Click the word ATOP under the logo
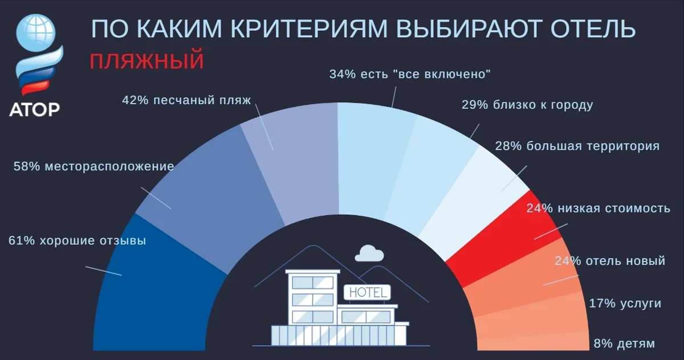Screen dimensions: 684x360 click(35, 109)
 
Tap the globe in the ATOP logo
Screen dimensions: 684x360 click(36, 32)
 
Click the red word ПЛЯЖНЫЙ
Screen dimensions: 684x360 click(146, 61)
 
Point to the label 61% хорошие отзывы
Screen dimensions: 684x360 click(78, 241)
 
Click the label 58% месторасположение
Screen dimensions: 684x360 click(93, 167)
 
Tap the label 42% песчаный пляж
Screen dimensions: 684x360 click(186, 100)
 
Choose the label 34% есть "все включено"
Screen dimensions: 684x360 click(410, 74)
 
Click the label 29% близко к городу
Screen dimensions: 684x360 click(527, 105)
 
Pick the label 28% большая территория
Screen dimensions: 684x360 click(577, 146)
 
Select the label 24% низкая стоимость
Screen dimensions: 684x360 click(598, 208)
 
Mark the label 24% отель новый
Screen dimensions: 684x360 click(610, 261)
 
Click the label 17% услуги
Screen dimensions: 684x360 click(625, 304)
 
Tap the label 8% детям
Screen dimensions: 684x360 click(625, 344)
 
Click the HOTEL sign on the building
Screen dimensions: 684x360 click(367, 293)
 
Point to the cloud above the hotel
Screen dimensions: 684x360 click(369, 253)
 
